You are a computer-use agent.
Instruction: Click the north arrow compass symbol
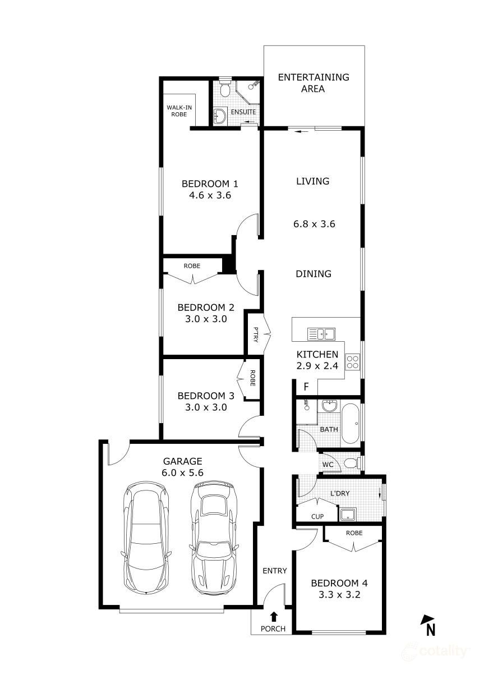pos(428,625)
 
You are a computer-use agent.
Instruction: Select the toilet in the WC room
pos(350,464)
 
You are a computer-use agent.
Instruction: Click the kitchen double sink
pos(321,334)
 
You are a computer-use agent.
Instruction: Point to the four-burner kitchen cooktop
pos(352,362)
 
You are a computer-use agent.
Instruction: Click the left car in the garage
pos(146,538)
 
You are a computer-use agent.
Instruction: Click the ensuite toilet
pos(225,90)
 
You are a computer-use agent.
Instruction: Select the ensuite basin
pos(220,117)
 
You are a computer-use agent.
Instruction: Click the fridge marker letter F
pos(306,387)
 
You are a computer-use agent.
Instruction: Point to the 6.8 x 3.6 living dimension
pos(314,224)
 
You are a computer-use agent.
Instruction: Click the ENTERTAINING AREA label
pos(314,82)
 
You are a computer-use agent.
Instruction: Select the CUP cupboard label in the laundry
pos(317,516)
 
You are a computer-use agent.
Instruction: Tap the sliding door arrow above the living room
pos(302,132)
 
